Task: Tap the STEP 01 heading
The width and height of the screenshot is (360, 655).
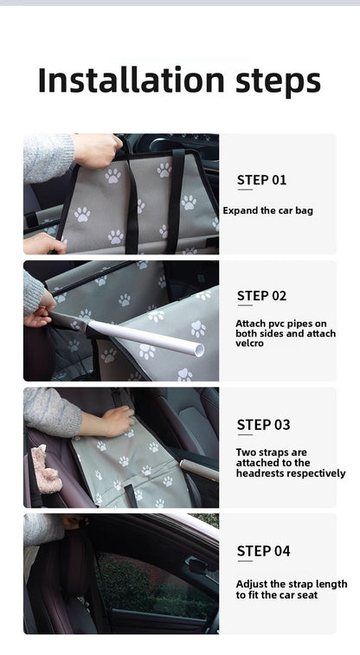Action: click(x=261, y=180)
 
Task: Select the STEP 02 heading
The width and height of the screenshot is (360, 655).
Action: click(x=261, y=296)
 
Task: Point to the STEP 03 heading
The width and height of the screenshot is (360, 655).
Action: click(x=263, y=425)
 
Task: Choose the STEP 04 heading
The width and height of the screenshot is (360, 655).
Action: click(x=263, y=551)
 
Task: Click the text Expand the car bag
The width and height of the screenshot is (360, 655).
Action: click(x=268, y=210)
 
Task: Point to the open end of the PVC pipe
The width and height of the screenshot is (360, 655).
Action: click(x=199, y=350)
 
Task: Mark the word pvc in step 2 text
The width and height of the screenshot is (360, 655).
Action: click(x=276, y=324)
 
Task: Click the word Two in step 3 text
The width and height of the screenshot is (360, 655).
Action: click(x=246, y=452)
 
